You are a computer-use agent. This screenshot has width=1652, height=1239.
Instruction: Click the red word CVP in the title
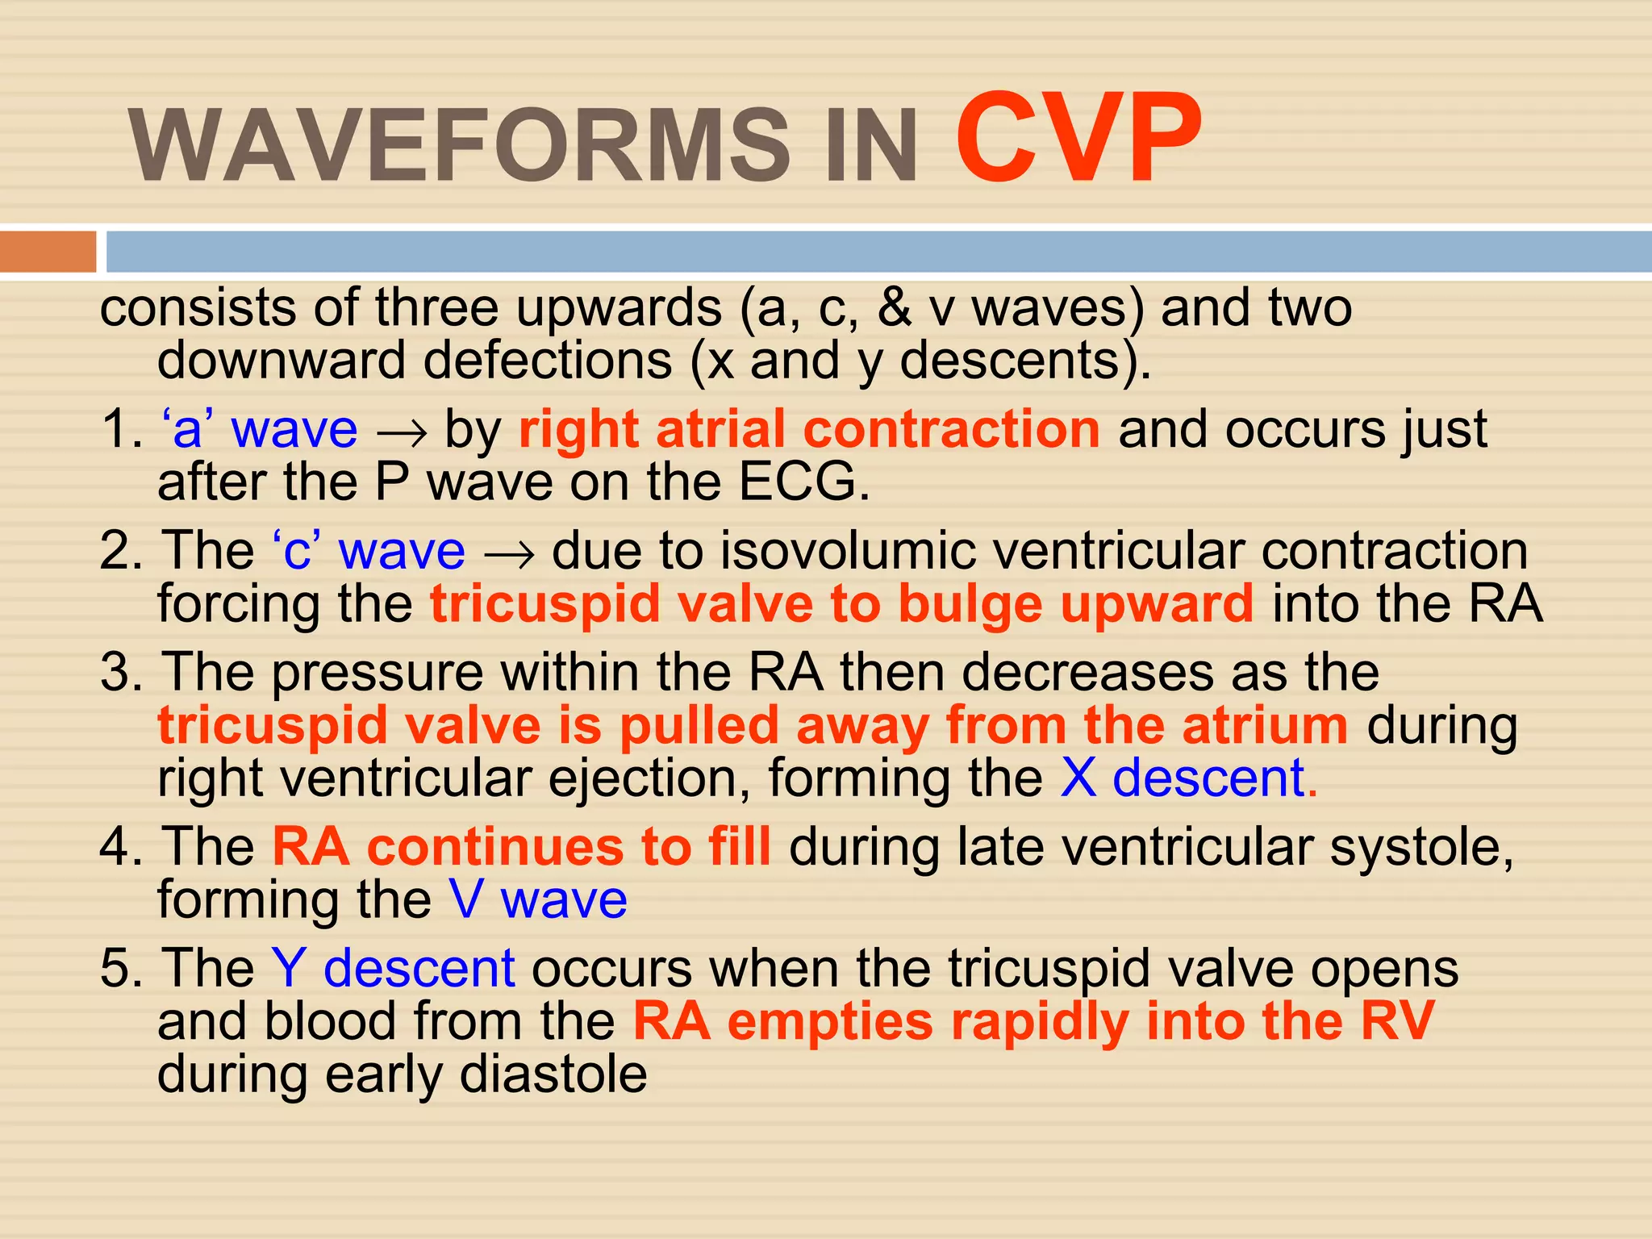1078,140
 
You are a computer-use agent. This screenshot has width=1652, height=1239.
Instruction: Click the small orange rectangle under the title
48,252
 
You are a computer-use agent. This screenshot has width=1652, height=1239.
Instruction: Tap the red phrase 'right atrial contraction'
809,428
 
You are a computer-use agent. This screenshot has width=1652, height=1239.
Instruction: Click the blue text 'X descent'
1183,778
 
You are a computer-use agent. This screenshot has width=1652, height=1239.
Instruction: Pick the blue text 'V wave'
538,899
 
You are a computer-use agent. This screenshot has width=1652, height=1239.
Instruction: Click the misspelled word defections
548,361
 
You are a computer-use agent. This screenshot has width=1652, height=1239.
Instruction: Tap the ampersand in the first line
895,308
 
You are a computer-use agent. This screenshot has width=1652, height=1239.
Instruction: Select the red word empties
830,1022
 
